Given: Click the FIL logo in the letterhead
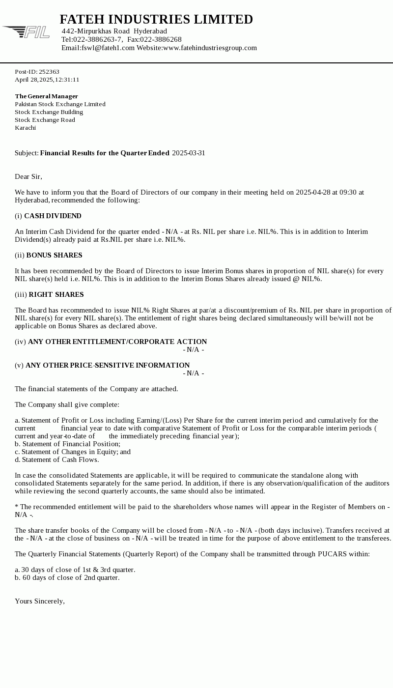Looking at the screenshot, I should pos(27,32).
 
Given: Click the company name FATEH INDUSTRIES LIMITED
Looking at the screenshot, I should pos(156,19).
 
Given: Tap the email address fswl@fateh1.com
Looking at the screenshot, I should pos(108,48).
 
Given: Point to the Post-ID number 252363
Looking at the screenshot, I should pos(49,72).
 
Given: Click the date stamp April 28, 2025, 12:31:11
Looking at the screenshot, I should pos(47,80).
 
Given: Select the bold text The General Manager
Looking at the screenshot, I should pos(46,96).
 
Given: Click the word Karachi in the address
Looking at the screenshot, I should pos(25,128).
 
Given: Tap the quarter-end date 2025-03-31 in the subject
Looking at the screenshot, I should pos(189,153).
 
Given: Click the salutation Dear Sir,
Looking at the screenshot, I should pos(28,176).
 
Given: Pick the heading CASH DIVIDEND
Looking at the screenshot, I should pos(53,216).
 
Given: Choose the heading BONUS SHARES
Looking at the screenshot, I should pos(54,255).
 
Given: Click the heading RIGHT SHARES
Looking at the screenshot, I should pos(56,294).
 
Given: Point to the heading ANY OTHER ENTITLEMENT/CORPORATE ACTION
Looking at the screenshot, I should pos(117,342).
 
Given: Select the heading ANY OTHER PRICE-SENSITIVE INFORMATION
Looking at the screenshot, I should pos(108,365).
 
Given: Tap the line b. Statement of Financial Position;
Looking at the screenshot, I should pos(67,444).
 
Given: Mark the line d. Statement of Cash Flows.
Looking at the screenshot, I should pos(56,459).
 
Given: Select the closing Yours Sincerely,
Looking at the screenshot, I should pos(40,601).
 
